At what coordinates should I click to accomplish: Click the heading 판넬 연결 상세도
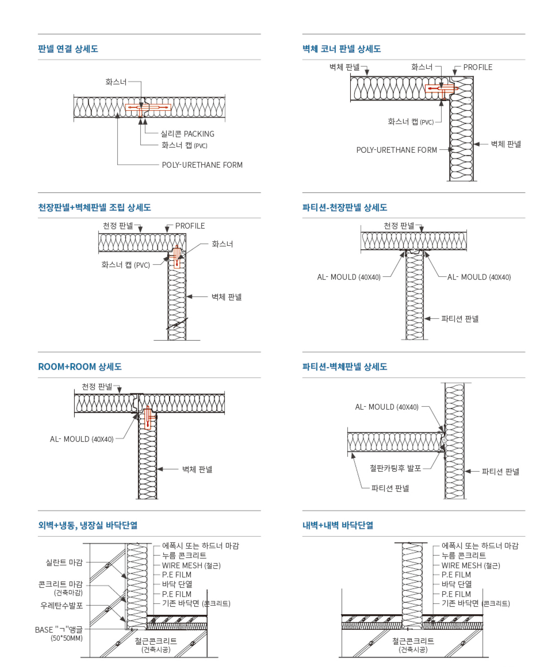68,49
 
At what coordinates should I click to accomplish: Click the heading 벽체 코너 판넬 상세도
341,49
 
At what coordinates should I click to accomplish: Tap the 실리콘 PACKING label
187,134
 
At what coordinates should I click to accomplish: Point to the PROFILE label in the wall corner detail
477,67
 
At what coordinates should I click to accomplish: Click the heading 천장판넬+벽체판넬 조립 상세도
94,208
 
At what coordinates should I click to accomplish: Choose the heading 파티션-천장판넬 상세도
344,208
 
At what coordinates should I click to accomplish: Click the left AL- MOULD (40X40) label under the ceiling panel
349,277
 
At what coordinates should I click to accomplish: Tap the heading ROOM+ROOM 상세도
80,367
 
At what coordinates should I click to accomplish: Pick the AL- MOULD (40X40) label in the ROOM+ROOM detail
82,439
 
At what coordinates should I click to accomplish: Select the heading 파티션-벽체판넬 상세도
344,367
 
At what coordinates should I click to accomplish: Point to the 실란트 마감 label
64,562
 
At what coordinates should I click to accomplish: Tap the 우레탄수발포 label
62,605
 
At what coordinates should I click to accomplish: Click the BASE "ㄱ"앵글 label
59,630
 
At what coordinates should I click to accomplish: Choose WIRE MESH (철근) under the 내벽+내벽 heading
471,565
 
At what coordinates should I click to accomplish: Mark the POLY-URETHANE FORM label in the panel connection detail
202,165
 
